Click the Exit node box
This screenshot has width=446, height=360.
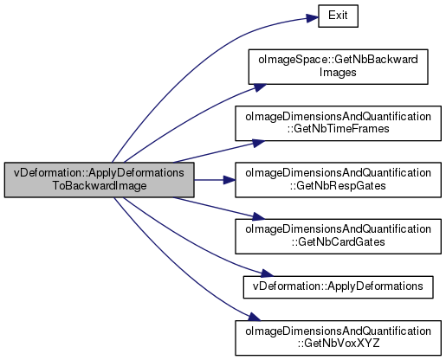pos(338,16)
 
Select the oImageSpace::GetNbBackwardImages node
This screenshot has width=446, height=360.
pos(338,67)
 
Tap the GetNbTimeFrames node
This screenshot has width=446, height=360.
pos(338,123)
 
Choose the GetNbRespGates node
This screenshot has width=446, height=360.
pos(338,180)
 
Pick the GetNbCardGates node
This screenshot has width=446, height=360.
pos(338,236)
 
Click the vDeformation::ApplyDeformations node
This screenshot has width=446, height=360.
pos(338,287)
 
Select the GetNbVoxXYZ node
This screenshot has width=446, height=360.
pos(338,337)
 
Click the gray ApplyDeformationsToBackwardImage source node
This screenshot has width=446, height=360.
pos(99,180)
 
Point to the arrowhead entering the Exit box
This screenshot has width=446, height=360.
pos(313,18)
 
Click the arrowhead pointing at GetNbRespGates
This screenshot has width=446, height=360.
pos(229,180)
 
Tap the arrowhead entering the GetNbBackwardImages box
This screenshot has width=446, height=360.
pos(260,87)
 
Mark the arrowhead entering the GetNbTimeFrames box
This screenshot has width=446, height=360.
pos(258,143)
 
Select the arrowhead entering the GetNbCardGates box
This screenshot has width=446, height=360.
pos(258,216)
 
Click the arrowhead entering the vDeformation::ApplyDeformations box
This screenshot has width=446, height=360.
pos(267,273)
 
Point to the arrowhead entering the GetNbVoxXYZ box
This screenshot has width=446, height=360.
pos(255,317)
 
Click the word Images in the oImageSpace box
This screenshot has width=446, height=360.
pos(338,72)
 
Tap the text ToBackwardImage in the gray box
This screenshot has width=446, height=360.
pos(100,185)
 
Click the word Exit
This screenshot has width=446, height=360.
pos(338,16)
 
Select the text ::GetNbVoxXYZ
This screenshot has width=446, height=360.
pos(339,344)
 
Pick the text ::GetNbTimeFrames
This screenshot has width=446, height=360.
pos(338,129)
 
